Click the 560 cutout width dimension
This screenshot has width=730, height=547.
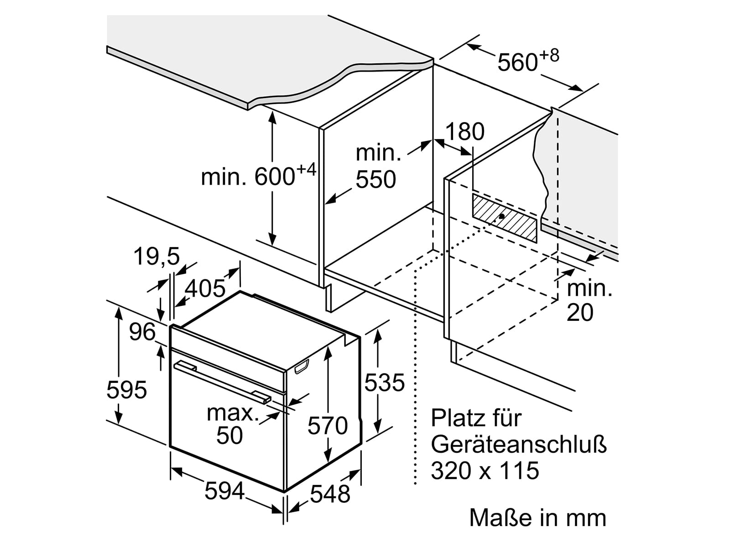528,61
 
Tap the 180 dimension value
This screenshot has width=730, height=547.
464,132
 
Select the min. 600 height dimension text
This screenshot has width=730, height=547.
258,175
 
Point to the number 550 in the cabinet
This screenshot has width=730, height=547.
376,180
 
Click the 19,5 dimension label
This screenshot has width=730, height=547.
156,257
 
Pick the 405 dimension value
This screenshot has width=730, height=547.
205,288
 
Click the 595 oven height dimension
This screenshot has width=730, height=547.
127,390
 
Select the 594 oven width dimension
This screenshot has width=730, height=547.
225,491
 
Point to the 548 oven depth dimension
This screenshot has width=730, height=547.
330,494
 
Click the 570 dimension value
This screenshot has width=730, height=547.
328,425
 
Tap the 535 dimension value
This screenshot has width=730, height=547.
385,382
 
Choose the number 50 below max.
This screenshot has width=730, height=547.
229,435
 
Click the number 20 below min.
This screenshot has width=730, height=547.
580,313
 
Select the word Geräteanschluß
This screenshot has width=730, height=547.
519,445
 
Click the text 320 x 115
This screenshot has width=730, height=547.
485,470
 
